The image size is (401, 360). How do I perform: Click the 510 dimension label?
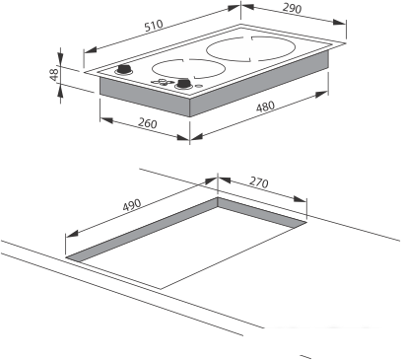pyautogui.click(x=154, y=26)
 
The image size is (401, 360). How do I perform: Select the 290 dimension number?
pyautogui.click(x=292, y=8)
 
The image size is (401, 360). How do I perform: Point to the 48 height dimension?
pyautogui.click(x=54, y=74)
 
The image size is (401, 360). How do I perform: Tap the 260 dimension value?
pyautogui.click(x=148, y=123)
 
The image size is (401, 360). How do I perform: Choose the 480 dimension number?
pyautogui.click(x=265, y=107)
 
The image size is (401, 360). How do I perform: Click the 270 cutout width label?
pyautogui.click(x=259, y=181)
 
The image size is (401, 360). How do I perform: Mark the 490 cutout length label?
pyautogui.click(x=132, y=205)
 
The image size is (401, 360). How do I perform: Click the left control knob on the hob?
pyautogui.click(x=124, y=70)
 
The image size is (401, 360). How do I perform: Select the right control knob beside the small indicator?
pyautogui.click(x=183, y=84)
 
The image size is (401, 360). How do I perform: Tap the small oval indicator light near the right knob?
pyautogui.click(x=198, y=86)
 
